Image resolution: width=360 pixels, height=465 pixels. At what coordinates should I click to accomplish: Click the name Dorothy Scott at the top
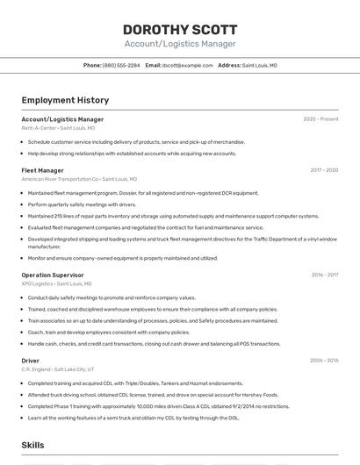click(179, 29)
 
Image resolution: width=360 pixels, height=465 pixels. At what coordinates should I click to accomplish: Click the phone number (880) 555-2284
click(121, 65)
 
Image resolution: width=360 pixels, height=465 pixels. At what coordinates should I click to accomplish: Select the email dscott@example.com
click(188, 65)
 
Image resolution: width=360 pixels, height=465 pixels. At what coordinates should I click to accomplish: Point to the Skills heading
click(33, 446)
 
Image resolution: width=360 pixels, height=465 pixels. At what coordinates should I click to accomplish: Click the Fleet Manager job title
click(42, 170)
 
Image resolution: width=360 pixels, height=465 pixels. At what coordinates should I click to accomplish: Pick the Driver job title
click(31, 361)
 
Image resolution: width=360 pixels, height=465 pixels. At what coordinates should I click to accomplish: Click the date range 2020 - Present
click(320, 119)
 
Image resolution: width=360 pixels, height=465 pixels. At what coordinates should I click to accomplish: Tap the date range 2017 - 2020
click(324, 170)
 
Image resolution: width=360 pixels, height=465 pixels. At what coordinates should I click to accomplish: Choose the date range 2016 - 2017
click(325, 275)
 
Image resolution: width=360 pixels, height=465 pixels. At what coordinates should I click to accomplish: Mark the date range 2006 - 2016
click(324, 361)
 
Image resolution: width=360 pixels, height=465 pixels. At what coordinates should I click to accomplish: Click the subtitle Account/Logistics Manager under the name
click(180, 44)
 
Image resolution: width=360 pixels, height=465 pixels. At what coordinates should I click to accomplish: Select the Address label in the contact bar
click(229, 65)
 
